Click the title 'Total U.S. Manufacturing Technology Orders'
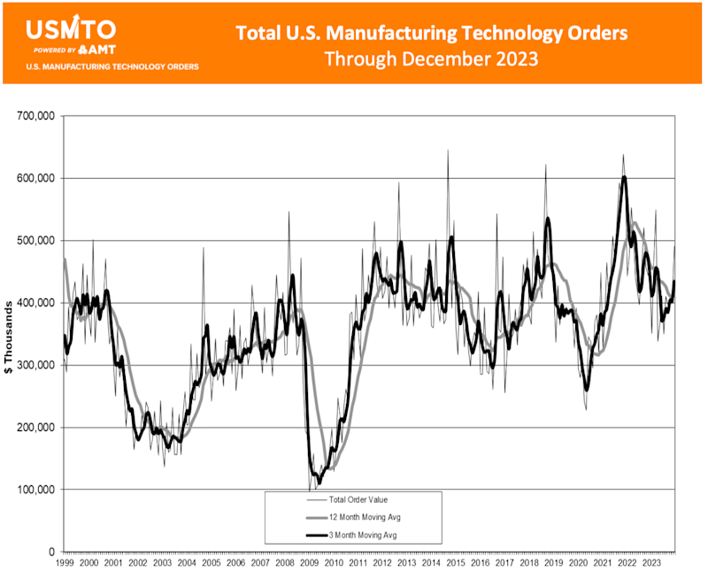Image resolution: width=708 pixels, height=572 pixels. coord(432,34)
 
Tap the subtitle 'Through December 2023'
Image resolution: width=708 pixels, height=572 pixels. coord(432,59)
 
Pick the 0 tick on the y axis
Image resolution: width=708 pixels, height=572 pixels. coord(50,552)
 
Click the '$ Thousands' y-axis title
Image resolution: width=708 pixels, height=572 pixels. coord(10,336)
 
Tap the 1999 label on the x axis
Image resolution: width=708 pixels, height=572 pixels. coord(65,562)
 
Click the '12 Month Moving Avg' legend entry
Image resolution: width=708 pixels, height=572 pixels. coord(358,517)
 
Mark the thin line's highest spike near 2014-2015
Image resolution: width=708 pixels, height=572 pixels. coord(447,151)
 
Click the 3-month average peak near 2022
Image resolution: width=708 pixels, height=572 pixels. coord(624,177)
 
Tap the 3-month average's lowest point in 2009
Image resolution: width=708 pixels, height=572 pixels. coord(319,481)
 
